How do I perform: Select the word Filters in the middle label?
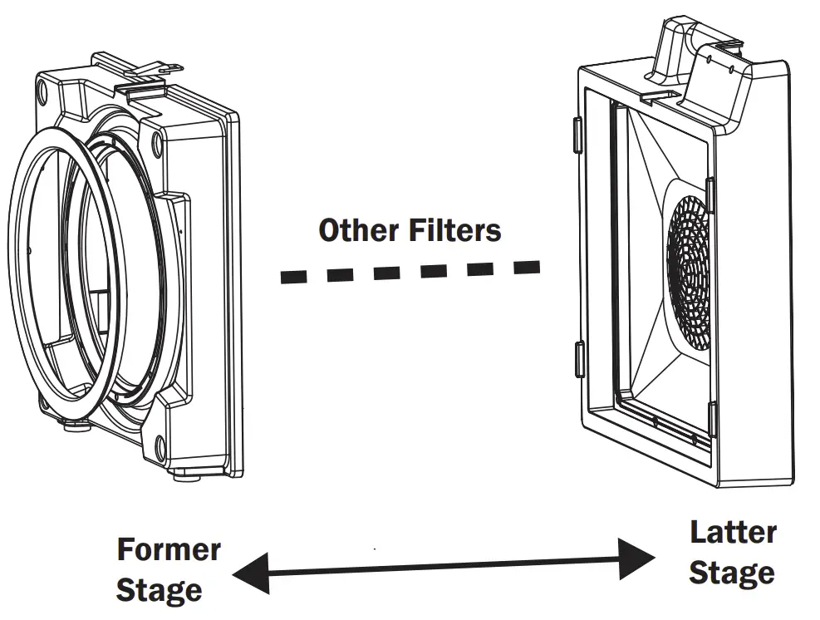[455, 230]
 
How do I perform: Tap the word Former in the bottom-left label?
[169, 550]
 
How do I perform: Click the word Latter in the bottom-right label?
[733, 533]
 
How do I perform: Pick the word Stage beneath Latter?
[732, 573]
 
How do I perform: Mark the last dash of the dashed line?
[526, 267]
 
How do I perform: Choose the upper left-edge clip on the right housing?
[576, 134]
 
